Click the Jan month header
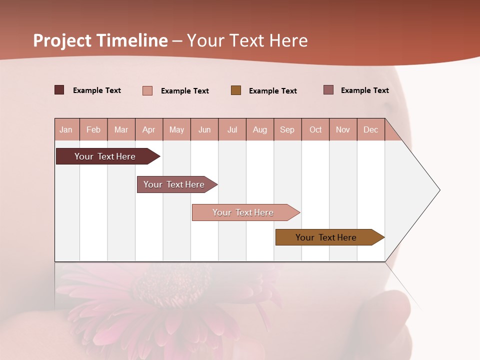[x=66, y=129]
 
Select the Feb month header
[x=93, y=129]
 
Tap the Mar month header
[x=121, y=129]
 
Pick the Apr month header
[x=149, y=129]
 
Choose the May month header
[x=176, y=129]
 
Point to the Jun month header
[x=204, y=129]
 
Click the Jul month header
[x=232, y=129]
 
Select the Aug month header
[x=260, y=129]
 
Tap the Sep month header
[x=287, y=129]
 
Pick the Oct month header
[x=315, y=129]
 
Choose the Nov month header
[x=343, y=129]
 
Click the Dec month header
[x=371, y=129]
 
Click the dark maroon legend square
[x=59, y=90]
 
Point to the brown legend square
[x=236, y=90]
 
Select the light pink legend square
[x=147, y=90]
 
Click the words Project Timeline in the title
[x=100, y=40]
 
